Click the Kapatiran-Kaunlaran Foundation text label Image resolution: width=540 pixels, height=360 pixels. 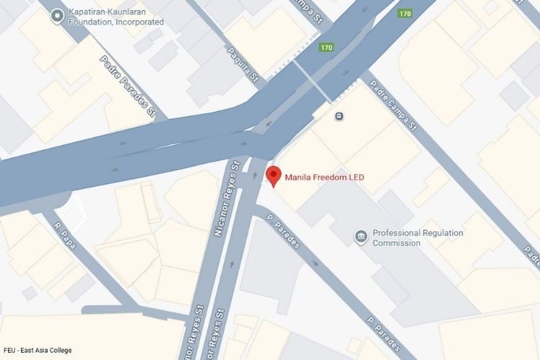point(115,17)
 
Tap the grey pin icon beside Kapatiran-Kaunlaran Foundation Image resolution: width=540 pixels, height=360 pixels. point(57,16)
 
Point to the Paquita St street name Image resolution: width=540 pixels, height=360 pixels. point(243,64)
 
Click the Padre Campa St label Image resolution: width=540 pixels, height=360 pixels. point(393,105)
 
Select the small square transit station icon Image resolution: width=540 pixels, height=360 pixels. point(338,115)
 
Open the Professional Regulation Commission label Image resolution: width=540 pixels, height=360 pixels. point(418,238)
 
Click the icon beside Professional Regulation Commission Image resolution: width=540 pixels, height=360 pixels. point(361,235)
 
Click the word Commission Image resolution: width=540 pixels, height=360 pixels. point(397,243)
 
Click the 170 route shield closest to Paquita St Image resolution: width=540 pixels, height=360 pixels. point(327,48)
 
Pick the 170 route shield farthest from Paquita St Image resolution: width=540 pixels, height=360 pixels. point(405,13)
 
